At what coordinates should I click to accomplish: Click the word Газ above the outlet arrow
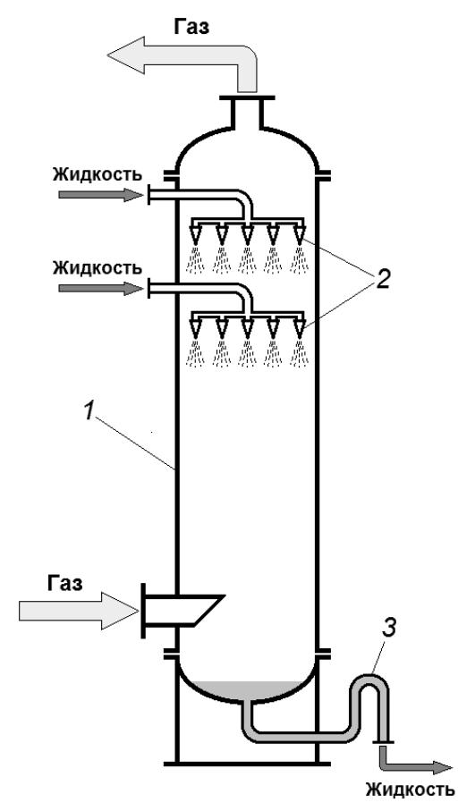point(191,27)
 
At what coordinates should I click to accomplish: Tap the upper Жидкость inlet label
point(97,174)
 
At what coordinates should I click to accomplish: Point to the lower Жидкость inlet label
point(97,268)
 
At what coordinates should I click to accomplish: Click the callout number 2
point(382,280)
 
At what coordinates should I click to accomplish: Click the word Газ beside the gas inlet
point(64,584)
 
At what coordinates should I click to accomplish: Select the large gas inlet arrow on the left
point(79,611)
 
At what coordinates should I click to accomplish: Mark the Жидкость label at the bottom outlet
point(411,790)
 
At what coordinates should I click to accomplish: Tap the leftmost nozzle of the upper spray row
point(196,233)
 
